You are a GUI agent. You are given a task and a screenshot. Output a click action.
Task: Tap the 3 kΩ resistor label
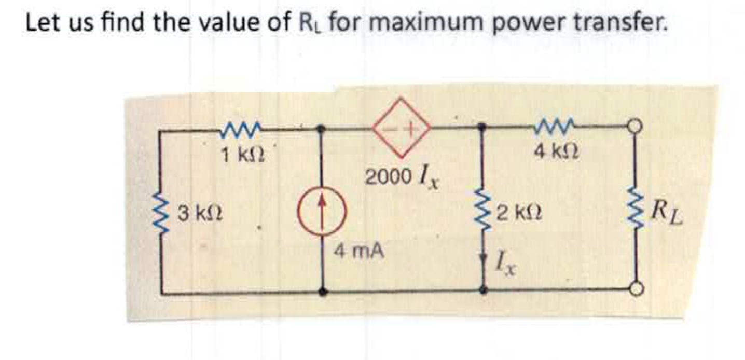coord(200,213)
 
